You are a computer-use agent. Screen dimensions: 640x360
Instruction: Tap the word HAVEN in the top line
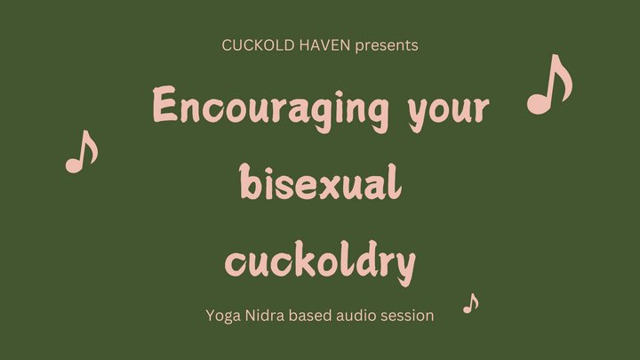(x=324, y=45)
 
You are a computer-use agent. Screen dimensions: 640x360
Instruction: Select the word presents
(x=387, y=45)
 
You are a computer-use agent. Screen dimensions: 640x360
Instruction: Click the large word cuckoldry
(x=320, y=261)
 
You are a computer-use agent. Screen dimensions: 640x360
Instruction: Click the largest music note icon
(x=550, y=84)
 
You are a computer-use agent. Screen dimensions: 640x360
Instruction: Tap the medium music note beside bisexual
(x=82, y=152)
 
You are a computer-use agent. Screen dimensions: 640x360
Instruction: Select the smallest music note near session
(x=471, y=303)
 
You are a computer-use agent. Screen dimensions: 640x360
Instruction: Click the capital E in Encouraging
(x=165, y=104)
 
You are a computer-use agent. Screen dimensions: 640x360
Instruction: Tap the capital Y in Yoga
(x=211, y=315)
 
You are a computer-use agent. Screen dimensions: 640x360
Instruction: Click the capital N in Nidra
(x=251, y=315)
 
